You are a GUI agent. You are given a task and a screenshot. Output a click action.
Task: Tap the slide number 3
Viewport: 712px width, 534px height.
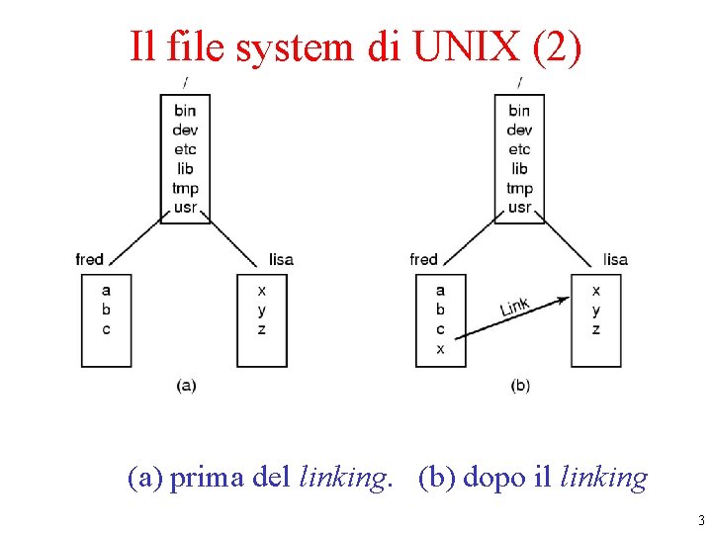coord(701,521)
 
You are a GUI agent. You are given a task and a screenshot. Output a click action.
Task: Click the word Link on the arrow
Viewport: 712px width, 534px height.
coord(514,308)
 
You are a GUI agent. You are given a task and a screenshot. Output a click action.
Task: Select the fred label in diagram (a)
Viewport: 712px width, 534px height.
coord(89,259)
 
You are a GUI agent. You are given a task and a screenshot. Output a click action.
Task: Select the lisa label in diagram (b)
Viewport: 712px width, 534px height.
coord(615,259)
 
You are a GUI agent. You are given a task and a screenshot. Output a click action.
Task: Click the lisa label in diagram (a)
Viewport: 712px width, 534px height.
coord(281,259)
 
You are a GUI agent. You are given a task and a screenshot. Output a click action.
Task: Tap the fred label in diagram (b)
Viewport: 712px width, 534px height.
coord(423,259)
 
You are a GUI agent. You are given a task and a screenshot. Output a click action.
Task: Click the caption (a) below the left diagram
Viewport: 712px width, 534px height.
coord(186,385)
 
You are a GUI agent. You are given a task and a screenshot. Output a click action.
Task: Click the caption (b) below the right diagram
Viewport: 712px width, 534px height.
coord(520,385)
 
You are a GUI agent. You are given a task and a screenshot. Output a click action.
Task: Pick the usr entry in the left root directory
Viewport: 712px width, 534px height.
coord(185,208)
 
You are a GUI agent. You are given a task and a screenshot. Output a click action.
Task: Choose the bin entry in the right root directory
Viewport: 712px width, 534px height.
coord(519,111)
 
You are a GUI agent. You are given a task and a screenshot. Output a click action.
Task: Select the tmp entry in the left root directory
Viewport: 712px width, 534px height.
coord(185,188)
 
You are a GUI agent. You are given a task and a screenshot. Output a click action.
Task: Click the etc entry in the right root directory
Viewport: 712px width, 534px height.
coord(519,149)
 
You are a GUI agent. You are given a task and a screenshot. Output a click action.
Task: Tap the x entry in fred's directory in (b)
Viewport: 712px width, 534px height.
coord(440,348)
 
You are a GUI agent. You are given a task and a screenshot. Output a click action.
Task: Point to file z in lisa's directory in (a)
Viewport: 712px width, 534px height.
coord(261,329)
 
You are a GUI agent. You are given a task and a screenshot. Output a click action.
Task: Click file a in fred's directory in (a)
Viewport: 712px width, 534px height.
coord(106,291)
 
